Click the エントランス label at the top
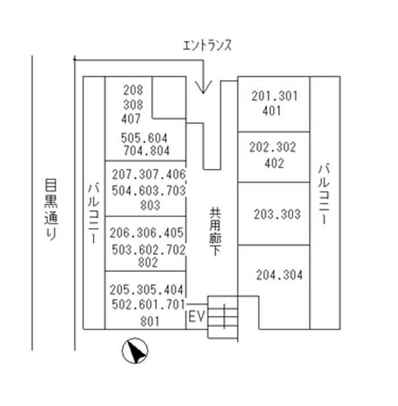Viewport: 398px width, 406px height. [207, 46]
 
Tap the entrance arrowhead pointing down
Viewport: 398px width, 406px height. [203, 86]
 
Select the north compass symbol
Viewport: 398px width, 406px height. [135, 352]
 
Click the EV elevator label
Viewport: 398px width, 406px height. [196, 317]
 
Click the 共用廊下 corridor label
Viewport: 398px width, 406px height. [215, 231]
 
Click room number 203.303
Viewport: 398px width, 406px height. [277, 214]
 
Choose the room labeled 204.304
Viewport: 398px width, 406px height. [279, 275]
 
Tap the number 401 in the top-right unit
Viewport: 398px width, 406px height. [272, 111]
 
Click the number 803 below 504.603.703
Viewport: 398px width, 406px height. [150, 206]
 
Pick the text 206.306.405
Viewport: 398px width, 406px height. [147, 233]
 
